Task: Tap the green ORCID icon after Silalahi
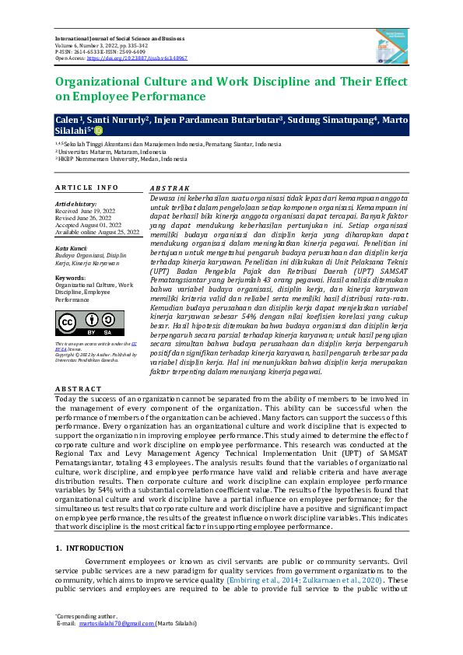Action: tap(98, 130)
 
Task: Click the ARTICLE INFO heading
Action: tap(86, 187)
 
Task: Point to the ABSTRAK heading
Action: tap(169, 187)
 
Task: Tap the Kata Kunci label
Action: tap(71, 247)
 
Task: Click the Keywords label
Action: tap(71, 277)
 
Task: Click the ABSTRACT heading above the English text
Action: tap(78, 387)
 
